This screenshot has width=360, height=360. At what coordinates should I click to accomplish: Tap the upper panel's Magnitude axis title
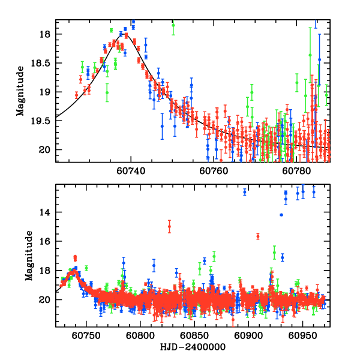20,91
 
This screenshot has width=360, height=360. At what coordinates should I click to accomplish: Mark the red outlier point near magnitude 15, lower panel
169,226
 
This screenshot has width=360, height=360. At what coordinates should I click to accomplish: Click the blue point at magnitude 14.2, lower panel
281,215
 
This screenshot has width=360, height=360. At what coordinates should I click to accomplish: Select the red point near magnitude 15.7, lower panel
258,236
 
